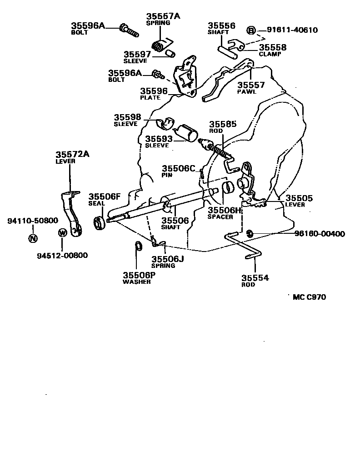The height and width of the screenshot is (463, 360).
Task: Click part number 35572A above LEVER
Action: (x=72, y=154)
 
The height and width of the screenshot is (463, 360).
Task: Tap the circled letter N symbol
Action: (x=33, y=238)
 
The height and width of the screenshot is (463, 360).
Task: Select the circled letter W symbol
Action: (x=63, y=233)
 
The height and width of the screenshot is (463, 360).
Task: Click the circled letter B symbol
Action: (x=251, y=30)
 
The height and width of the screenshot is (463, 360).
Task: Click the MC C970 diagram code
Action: (x=309, y=297)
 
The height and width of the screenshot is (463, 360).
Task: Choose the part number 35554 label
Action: (x=255, y=278)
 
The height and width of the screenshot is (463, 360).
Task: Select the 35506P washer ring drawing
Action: (x=138, y=247)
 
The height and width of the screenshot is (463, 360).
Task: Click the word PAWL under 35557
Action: (x=247, y=91)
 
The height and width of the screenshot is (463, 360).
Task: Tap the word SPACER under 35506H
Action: (x=220, y=217)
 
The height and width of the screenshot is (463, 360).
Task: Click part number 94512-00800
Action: (x=62, y=255)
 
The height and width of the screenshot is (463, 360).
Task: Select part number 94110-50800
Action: (x=33, y=221)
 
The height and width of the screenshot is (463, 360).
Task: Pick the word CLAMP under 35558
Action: (x=270, y=54)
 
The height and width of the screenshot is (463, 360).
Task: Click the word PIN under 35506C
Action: (x=166, y=175)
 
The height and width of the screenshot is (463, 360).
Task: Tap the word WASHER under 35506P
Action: (x=136, y=282)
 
